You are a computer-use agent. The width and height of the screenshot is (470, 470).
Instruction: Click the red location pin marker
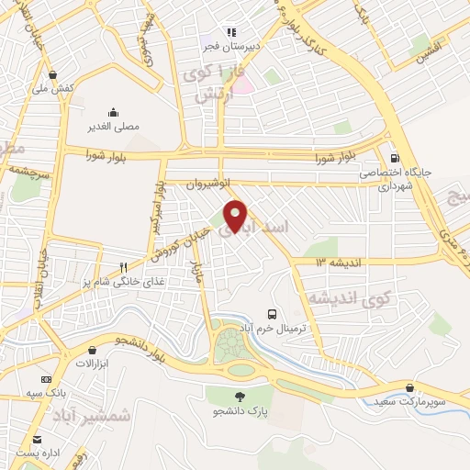[236, 215]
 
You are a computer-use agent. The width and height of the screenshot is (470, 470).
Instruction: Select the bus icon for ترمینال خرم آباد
[271, 314]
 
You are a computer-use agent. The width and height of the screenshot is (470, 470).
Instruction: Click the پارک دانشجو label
[241, 412]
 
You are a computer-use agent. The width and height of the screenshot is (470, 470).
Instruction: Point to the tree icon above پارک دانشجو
[241, 397]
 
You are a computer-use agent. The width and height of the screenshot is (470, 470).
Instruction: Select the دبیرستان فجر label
[231, 45]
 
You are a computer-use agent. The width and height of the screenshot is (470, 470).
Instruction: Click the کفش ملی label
[52, 89]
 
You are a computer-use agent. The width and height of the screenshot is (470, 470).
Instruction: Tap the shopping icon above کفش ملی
[52, 75]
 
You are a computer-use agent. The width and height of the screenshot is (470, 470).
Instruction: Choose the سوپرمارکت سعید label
[410, 402]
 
